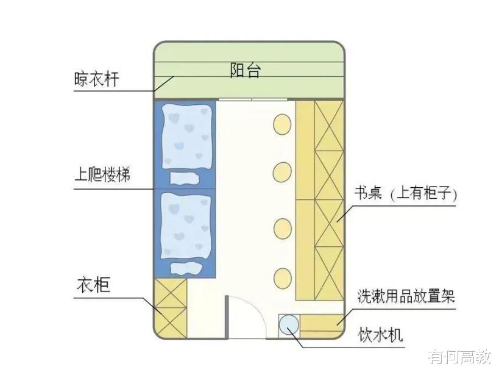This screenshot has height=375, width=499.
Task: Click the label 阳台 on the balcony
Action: pos(246,70)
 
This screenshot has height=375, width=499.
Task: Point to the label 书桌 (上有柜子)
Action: pos(406,195)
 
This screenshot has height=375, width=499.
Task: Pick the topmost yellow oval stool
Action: pos(283,124)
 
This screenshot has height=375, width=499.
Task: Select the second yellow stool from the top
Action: pos(282,172)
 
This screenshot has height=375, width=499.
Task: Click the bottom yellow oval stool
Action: pos(282,277)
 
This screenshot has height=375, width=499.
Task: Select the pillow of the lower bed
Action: pos(185,268)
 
